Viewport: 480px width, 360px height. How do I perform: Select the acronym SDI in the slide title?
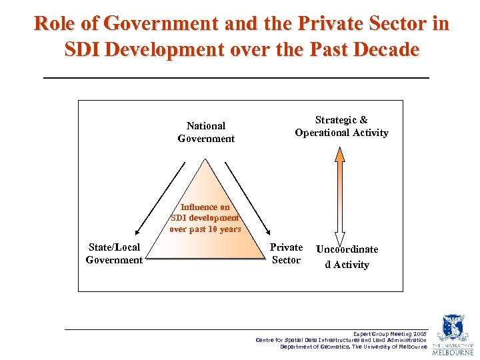(x=84, y=49)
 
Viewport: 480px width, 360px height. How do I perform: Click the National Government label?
(x=206, y=132)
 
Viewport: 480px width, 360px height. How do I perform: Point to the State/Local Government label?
(x=114, y=253)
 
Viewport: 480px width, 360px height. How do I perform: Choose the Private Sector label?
(x=286, y=253)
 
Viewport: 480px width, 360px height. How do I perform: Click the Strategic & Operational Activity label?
(x=341, y=126)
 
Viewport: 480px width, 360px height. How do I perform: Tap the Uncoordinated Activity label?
(x=347, y=257)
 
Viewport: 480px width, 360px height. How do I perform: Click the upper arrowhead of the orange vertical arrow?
(x=339, y=154)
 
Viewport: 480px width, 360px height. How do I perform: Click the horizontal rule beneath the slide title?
(x=236, y=79)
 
